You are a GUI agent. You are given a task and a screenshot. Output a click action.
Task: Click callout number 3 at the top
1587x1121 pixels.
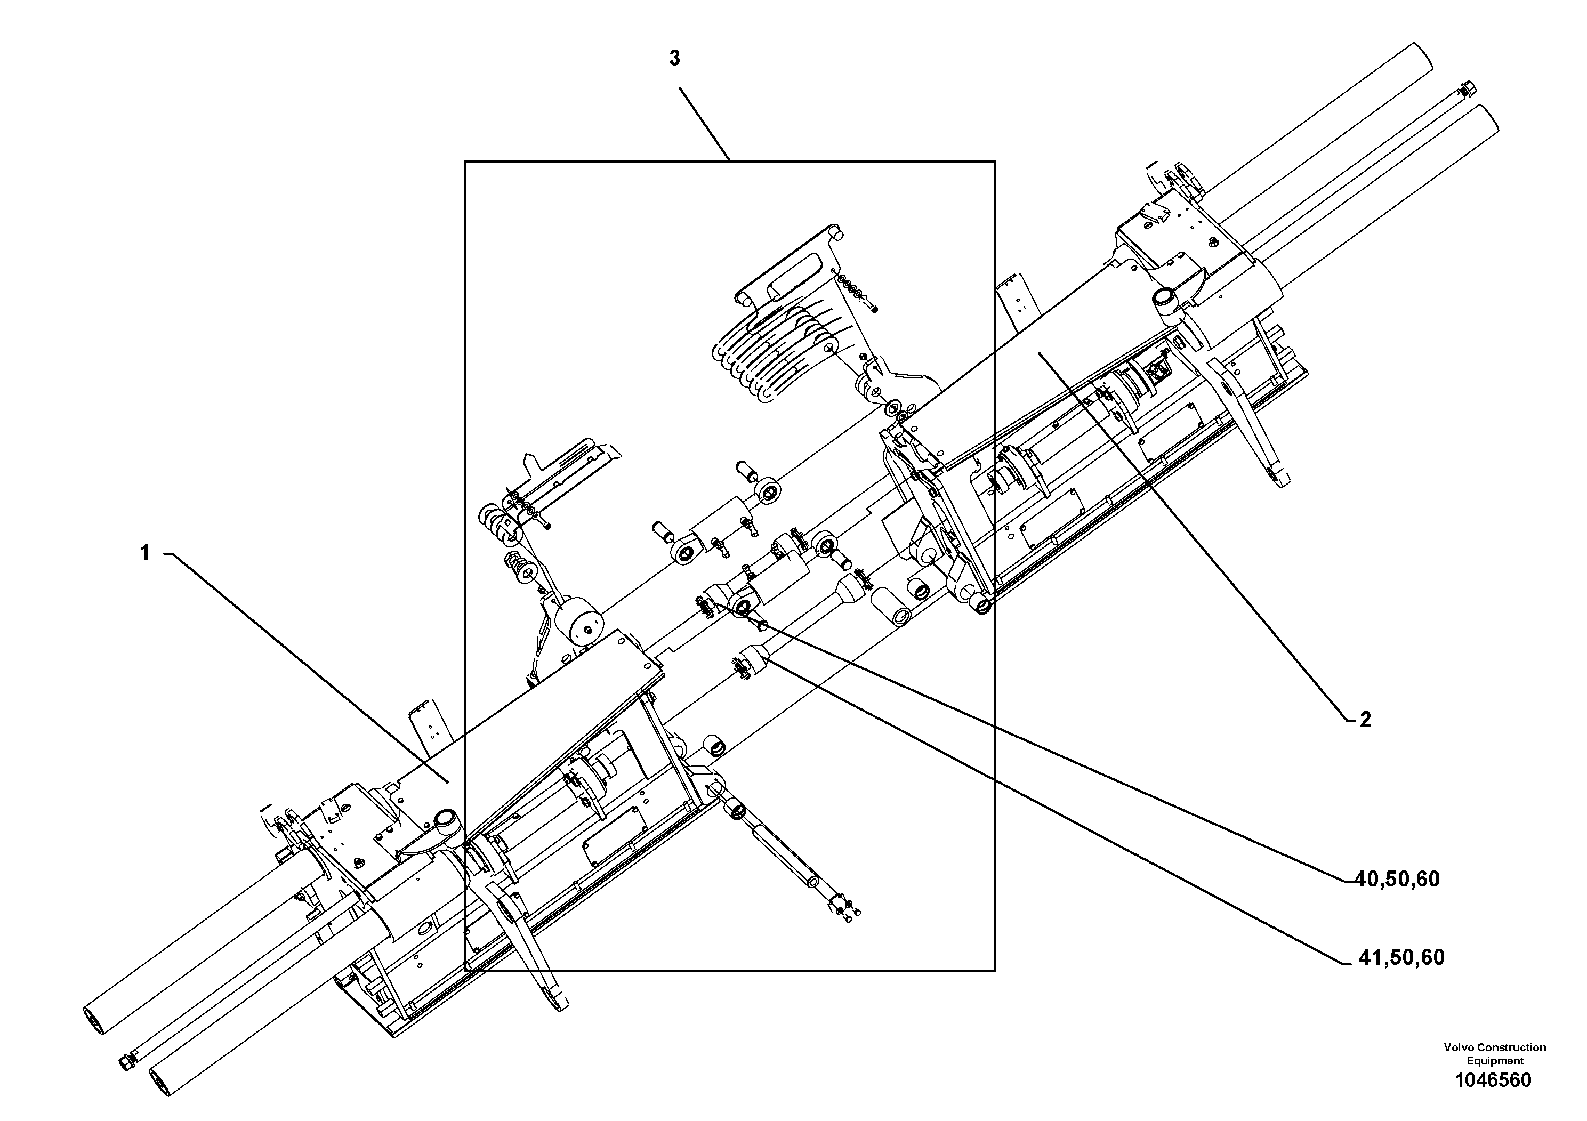click(x=674, y=59)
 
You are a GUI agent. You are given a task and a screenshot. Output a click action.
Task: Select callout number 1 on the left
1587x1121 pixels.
click(x=145, y=553)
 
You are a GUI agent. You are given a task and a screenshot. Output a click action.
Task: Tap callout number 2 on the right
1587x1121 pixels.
click(x=1365, y=720)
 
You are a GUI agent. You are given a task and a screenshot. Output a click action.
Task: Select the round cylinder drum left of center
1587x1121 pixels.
click(x=582, y=628)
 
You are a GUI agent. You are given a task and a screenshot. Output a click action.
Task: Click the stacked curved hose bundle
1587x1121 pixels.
click(x=774, y=352)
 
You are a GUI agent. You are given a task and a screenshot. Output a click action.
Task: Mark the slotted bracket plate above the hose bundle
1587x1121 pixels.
click(x=788, y=270)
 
